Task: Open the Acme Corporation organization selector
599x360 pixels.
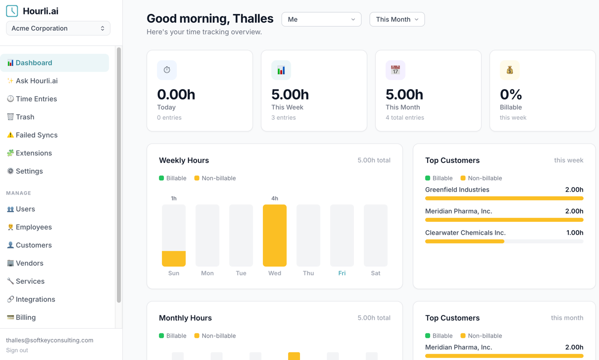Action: [x=58, y=28]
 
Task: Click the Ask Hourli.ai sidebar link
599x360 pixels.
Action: [x=36, y=81]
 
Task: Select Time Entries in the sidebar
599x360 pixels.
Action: [x=36, y=99]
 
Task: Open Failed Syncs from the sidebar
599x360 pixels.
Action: [x=36, y=135]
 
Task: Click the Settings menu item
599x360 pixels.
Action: [x=29, y=171]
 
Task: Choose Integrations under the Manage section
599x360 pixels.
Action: [x=35, y=300]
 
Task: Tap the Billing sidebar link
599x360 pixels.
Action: [x=26, y=317]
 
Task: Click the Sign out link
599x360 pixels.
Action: [x=17, y=350]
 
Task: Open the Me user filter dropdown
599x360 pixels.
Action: [x=321, y=19]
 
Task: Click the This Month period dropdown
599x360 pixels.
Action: [x=397, y=19]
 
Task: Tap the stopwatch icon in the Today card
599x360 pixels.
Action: [x=167, y=70]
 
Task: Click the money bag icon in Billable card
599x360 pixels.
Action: [x=509, y=70]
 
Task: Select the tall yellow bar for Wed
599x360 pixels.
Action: [x=275, y=236]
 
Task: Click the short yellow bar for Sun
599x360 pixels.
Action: [x=174, y=258]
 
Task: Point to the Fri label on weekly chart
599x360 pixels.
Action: [x=342, y=273]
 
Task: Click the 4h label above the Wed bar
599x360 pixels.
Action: [x=275, y=199]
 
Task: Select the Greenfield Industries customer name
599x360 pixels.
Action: [x=457, y=190]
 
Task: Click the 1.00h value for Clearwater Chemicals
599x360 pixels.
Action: [x=575, y=233]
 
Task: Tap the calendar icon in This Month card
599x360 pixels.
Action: [x=395, y=70]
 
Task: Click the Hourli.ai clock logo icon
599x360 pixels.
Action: [x=12, y=11]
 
